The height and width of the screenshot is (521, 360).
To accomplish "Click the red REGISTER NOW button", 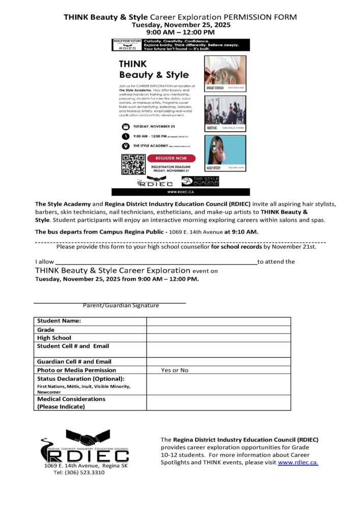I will click(172, 158).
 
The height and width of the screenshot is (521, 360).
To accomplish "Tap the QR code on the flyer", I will click(133, 164).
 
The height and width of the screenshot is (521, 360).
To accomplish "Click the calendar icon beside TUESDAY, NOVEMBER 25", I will click(126, 126).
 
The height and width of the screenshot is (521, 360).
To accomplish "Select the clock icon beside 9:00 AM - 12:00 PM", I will click(126, 136).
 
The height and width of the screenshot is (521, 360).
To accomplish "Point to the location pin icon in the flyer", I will click(126, 146).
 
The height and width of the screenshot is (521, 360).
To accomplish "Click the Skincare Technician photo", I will click(225, 71).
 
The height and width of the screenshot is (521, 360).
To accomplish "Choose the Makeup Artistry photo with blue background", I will click(225, 150).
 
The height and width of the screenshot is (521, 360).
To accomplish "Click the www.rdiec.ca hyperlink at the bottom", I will click(298, 462).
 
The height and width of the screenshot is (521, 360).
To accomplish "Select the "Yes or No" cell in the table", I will click(175, 370).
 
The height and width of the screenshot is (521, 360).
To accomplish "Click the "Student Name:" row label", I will click(59, 321).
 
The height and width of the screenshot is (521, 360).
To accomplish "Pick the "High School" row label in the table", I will click(54, 338).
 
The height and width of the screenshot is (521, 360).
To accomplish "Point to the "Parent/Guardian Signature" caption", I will click(121, 306).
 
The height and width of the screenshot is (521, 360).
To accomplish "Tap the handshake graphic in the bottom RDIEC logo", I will click(88, 437).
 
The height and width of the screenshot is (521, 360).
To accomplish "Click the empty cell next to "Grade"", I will click(218, 330).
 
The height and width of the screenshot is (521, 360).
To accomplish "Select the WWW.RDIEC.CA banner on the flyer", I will click(181, 192).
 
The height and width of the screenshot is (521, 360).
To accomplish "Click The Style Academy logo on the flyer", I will click(201, 181).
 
